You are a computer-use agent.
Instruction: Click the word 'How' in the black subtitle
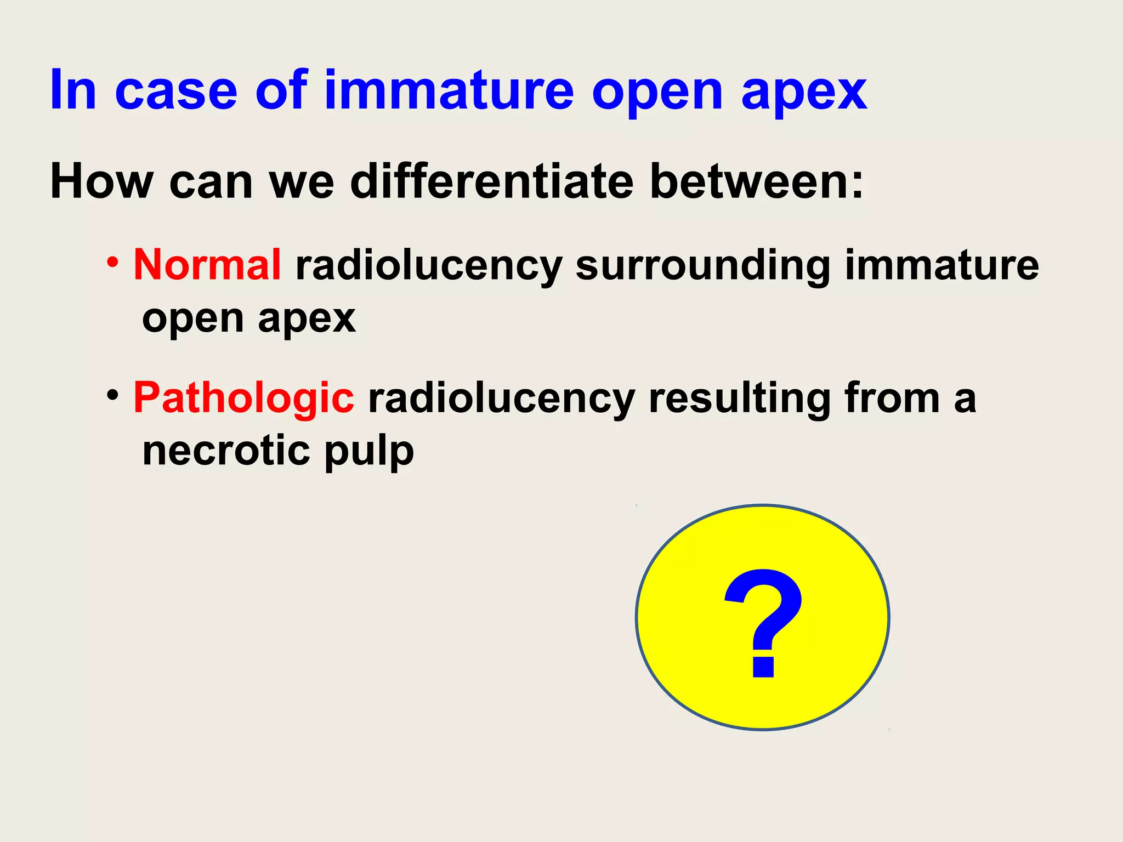pyautogui.click(x=101, y=181)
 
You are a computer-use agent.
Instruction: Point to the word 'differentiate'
pyautogui.click(x=492, y=181)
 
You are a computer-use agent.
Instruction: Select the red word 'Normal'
pyautogui.click(x=207, y=265)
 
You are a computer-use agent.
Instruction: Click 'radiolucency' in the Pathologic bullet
pyautogui.click(x=501, y=399)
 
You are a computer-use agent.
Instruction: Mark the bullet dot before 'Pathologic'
pyautogui.click(x=112, y=395)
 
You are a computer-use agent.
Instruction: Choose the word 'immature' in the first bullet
pyautogui.click(x=941, y=265)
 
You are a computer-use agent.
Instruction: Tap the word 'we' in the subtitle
pyautogui.click(x=302, y=182)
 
